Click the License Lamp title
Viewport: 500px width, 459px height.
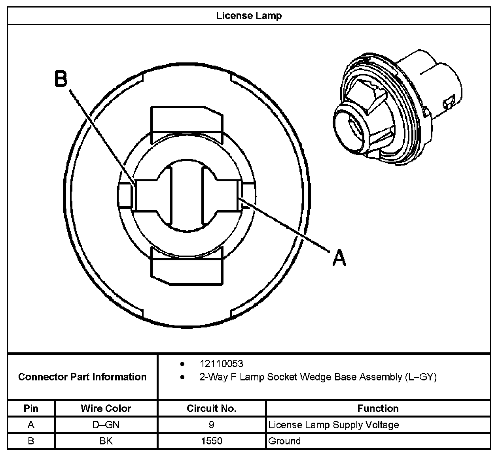tap(249, 16)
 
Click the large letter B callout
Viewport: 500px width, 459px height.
tap(61, 79)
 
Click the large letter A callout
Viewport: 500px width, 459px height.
tap(339, 258)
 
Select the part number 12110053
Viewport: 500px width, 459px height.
tap(221, 363)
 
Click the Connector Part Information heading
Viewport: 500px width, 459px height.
tap(82, 377)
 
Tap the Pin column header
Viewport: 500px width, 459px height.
tap(31, 408)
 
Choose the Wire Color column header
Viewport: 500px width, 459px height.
tap(106, 408)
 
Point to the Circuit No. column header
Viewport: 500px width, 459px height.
tap(212, 408)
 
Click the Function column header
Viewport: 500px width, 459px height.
tap(378, 408)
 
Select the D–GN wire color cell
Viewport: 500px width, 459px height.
tap(106, 425)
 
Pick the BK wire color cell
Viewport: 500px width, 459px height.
tap(106, 441)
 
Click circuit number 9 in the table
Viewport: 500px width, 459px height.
tap(212, 425)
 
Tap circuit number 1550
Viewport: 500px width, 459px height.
tap(212, 441)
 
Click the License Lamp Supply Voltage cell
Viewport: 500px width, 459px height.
tap(333, 425)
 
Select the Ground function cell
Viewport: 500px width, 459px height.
tap(284, 441)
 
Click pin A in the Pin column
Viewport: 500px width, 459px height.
tap(31, 425)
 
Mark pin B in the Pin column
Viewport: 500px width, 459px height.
tap(31, 441)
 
